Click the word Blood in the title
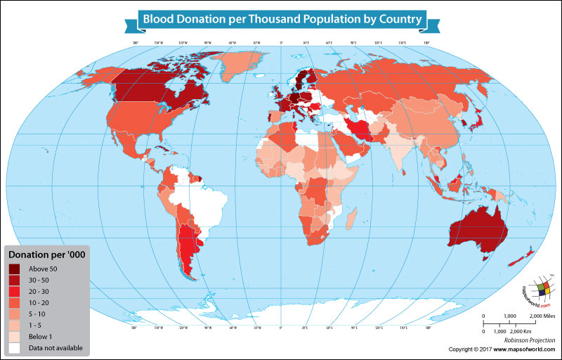[159, 19]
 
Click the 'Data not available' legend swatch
[15, 347]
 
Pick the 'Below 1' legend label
[41, 336]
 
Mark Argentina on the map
[187, 250]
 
